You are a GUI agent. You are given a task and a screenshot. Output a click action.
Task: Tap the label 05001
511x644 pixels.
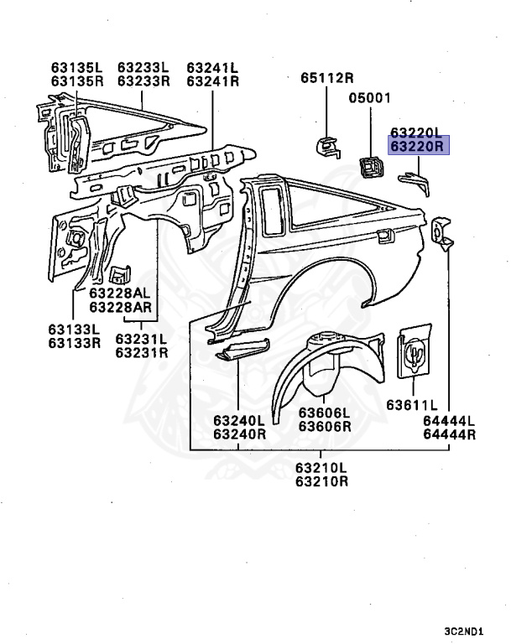point(370,98)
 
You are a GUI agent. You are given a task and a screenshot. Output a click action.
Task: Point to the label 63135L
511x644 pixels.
point(76,67)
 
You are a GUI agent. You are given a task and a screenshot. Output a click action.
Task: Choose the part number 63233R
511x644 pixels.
point(143,81)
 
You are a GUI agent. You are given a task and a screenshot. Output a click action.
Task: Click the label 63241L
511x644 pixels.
point(212,67)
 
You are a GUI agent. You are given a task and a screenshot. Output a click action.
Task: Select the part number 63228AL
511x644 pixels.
point(120,293)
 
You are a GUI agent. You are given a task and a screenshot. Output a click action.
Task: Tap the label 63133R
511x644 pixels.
point(74,343)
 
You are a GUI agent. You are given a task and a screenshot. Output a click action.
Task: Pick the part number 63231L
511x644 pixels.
point(142,339)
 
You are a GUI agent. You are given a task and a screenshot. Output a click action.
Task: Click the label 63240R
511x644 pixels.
point(239,434)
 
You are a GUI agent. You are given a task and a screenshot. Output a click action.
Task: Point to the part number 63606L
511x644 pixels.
point(325,419)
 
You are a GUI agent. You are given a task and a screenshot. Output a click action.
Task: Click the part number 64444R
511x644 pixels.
point(449,434)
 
